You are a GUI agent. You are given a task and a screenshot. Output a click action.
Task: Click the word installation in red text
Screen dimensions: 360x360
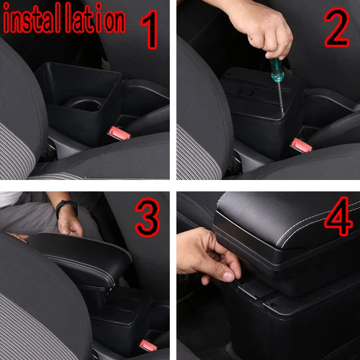[x=64, y=19]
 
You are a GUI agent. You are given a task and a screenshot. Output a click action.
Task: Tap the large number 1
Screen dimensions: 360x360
[x=149, y=29]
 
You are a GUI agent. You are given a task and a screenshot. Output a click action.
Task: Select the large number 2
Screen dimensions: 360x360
[x=337, y=27]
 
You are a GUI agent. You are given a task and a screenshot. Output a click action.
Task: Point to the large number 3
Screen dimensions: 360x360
[x=148, y=217]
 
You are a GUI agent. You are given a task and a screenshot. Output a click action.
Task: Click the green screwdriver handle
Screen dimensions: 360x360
[x=277, y=70]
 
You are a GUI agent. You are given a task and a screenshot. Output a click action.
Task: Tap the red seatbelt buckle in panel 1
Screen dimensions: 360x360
[x=119, y=133]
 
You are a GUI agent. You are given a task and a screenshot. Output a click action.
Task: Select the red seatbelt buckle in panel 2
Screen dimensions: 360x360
[x=301, y=145]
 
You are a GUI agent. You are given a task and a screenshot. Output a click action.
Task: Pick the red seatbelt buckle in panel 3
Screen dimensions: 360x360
[x=148, y=346]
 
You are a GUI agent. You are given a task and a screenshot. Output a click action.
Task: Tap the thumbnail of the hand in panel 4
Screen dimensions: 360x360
[x=229, y=277]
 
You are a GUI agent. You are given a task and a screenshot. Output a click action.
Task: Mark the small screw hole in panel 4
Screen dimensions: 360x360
[x=273, y=305]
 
